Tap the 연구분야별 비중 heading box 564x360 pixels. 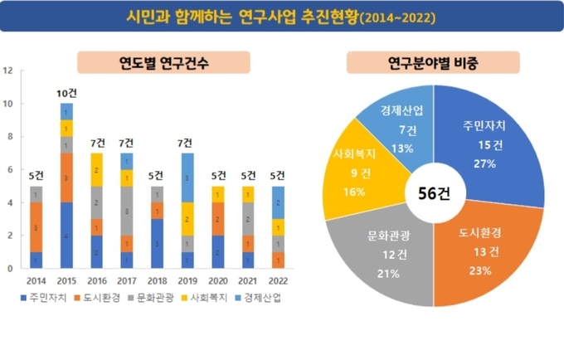tap(431, 62)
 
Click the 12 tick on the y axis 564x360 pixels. tap(7, 71)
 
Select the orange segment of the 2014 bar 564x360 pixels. tap(36, 227)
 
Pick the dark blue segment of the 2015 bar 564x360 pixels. tap(66, 236)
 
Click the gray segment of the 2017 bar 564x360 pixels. tap(125, 211)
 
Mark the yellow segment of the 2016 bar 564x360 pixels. tap(95, 169)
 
